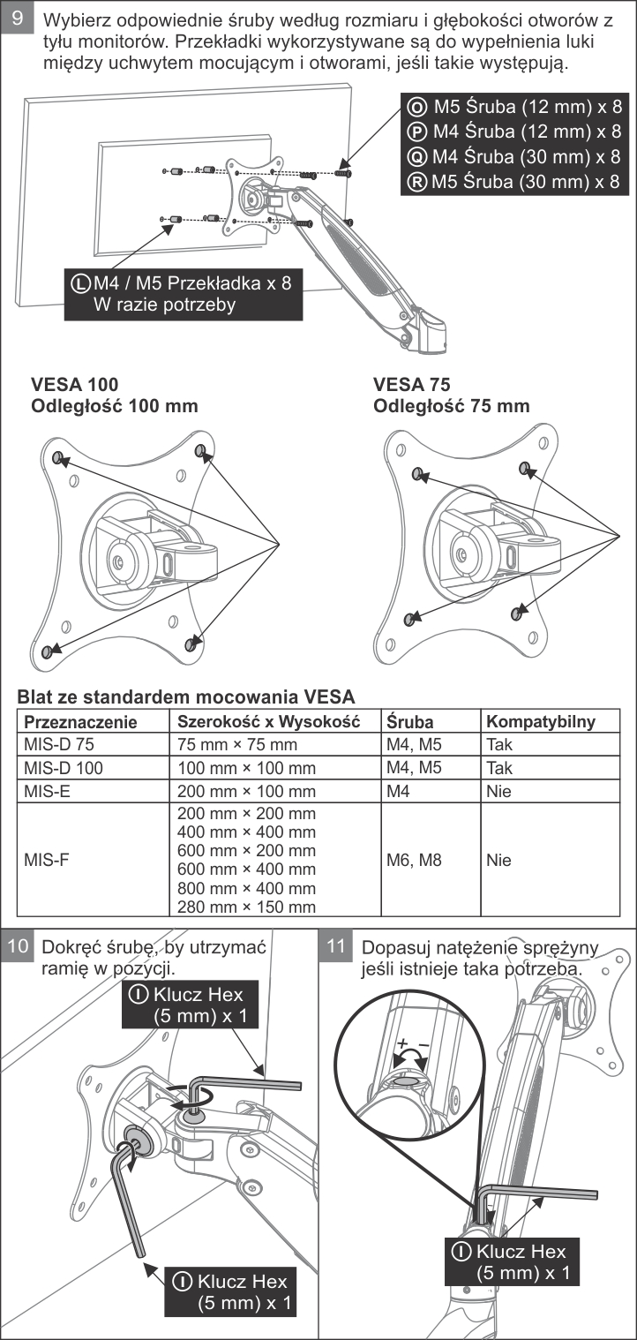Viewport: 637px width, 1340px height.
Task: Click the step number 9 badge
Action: [x=18, y=18]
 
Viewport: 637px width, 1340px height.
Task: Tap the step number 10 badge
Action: [x=18, y=945]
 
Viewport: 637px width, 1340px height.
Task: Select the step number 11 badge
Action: [x=335, y=945]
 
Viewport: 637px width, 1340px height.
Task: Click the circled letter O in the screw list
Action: [x=417, y=107]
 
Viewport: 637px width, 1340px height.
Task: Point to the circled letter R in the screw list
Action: [x=417, y=182]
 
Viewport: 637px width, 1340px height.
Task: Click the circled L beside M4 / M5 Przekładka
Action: [x=81, y=283]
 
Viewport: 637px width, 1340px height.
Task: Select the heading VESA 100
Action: [x=75, y=384]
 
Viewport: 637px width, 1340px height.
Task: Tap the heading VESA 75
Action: [x=411, y=384]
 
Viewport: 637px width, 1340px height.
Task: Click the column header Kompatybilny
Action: [x=541, y=721]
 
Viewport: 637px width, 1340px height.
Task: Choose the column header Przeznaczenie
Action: [x=81, y=721]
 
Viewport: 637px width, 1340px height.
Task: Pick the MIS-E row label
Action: [x=48, y=791]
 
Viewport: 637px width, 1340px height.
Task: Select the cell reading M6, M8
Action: [x=414, y=861]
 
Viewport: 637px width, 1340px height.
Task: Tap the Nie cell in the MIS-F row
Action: [x=498, y=861]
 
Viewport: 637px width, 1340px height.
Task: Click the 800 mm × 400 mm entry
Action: [x=246, y=888]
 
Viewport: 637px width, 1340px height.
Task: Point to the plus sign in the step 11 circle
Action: [x=402, y=1043]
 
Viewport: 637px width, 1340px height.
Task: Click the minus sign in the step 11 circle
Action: [x=424, y=1045]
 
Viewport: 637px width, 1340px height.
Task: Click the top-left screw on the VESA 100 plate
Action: [x=57, y=457]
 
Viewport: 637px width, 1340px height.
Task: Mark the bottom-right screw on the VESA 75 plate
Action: [x=517, y=614]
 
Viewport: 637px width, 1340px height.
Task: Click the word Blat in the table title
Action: [x=34, y=696]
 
